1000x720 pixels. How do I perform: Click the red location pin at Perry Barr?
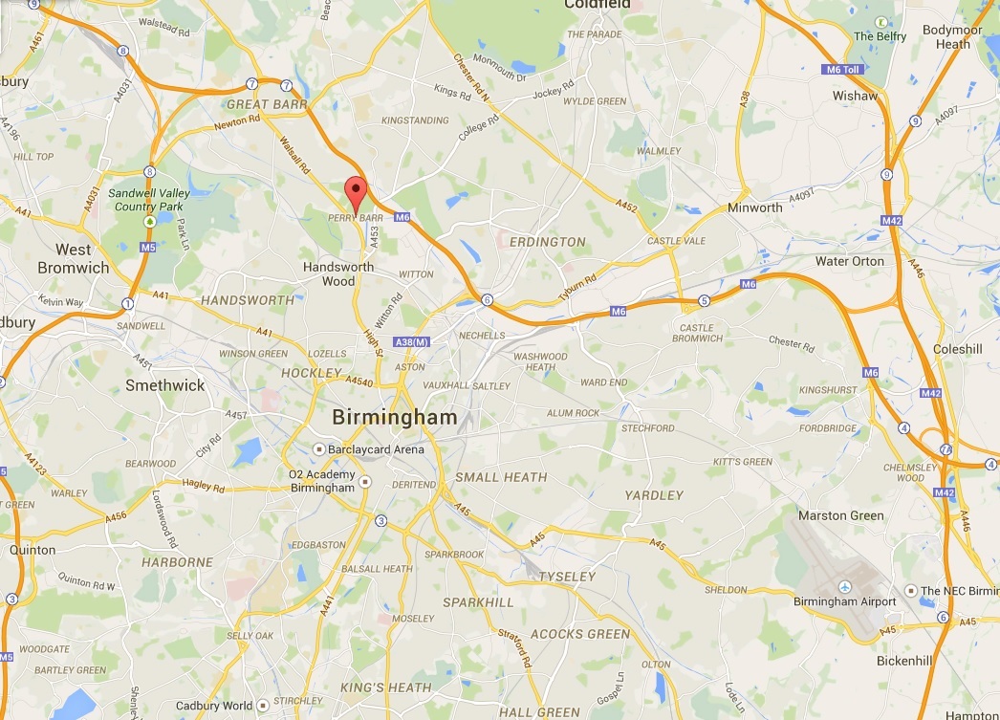click(356, 192)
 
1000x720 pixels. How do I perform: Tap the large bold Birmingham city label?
click(394, 418)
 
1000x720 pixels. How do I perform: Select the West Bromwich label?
click(74, 259)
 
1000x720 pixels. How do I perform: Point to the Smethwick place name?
click(165, 385)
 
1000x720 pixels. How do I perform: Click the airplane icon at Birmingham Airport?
click(845, 586)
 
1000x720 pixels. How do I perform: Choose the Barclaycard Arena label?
click(374, 448)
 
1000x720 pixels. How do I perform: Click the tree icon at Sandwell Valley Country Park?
click(149, 222)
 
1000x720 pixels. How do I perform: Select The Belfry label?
click(879, 36)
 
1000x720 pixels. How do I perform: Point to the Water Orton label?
click(850, 261)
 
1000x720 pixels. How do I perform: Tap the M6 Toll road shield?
click(843, 70)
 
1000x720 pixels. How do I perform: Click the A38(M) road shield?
click(413, 341)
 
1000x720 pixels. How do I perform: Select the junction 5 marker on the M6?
click(705, 300)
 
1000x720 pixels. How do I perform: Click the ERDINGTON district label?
click(547, 242)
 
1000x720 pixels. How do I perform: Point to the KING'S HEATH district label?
click(385, 687)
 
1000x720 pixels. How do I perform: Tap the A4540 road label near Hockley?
click(359, 382)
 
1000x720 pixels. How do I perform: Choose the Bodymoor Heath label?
click(952, 37)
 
